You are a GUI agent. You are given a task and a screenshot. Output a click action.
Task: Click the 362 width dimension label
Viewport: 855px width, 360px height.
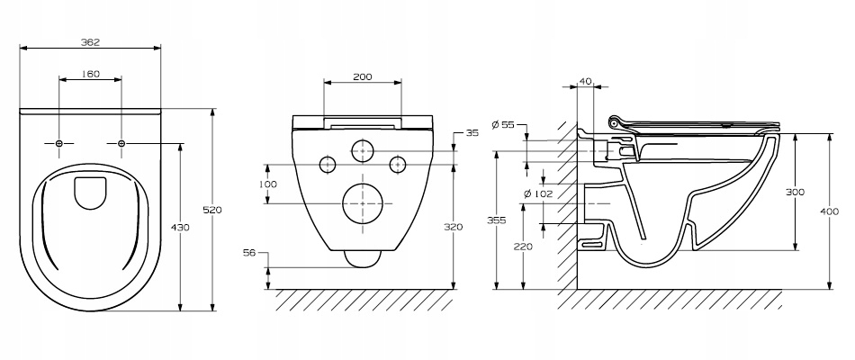coord(89,41)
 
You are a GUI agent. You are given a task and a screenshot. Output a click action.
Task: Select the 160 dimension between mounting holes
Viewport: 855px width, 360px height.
coord(90,74)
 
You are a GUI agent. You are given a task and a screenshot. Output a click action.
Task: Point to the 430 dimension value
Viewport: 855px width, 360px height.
coord(180,228)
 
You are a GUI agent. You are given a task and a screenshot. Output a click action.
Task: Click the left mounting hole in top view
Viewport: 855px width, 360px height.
coord(58,143)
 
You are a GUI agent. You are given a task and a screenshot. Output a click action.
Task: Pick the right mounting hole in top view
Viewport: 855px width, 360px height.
coord(121,143)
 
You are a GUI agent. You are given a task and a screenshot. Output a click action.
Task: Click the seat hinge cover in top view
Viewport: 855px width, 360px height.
coord(89,193)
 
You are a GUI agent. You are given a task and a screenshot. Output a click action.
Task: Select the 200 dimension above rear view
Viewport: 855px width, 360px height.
coord(362,77)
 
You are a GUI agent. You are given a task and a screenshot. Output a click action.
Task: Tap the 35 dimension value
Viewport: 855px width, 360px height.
coord(472,133)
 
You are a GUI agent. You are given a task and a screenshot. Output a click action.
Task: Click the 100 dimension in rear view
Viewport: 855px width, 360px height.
coord(267,184)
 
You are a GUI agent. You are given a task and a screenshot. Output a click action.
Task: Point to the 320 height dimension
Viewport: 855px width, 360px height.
coord(453,227)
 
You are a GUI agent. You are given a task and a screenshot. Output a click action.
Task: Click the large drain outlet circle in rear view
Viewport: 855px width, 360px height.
coord(364,204)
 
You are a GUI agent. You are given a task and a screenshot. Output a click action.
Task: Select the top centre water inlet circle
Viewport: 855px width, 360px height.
coord(362,150)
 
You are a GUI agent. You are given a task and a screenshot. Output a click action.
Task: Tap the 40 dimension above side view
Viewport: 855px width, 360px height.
coord(586,81)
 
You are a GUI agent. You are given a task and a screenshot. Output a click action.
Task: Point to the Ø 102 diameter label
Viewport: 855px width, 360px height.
coord(536,192)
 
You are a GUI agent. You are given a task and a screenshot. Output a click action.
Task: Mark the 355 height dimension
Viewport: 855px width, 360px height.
coord(496,220)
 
